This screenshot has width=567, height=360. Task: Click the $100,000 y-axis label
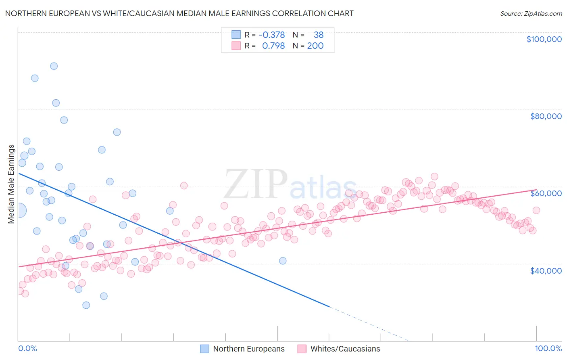click(544, 39)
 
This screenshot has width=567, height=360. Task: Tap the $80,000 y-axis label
click(546, 116)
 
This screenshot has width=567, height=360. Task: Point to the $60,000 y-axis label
click(546, 193)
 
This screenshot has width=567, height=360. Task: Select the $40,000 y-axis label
click(546, 271)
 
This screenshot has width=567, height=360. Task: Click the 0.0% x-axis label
click(27, 348)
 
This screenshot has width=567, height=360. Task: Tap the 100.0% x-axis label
click(548, 348)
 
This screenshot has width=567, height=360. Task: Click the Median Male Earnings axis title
click(11, 184)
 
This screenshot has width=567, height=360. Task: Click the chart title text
click(179, 13)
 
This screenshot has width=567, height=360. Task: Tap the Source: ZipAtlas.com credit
click(531, 13)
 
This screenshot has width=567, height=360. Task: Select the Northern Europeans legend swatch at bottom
click(204, 349)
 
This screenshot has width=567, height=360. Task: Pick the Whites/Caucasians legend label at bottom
click(345, 349)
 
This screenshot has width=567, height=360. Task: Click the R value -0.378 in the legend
click(271, 35)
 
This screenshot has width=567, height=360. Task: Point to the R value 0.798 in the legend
click(273, 46)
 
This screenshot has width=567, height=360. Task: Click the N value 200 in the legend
click(315, 46)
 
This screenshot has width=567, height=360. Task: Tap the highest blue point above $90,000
click(54, 66)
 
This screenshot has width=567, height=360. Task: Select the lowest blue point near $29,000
click(86, 305)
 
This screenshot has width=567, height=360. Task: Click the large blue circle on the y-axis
click(19, 210)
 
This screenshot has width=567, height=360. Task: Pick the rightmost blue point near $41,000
click(283, 261)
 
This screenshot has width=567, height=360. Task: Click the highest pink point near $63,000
click(434, 176)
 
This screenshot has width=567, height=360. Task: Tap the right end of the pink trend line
click(536, 190)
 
